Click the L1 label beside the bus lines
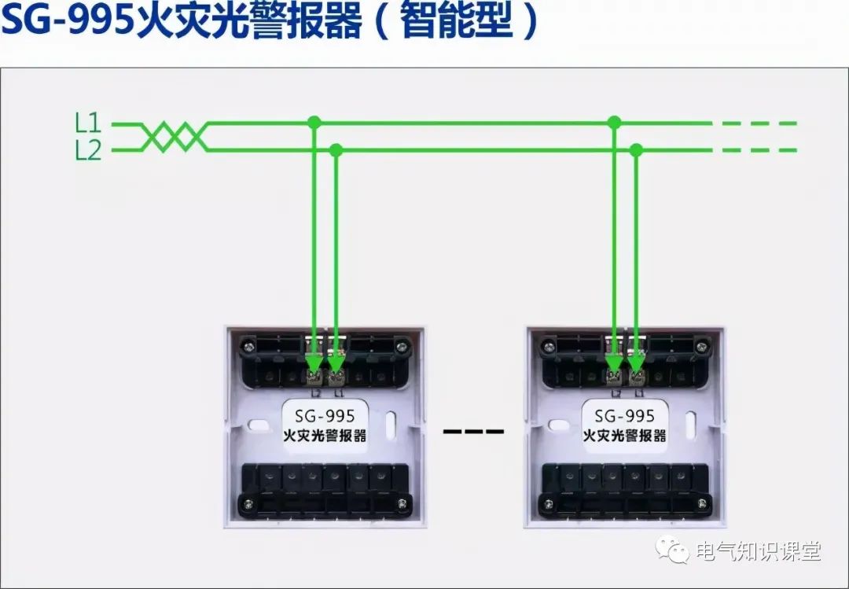88,123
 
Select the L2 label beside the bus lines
88,150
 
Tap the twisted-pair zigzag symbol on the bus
174,136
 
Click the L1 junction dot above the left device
314,123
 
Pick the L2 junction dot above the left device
336,149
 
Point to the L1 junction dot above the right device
614,123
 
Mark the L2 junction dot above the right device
636,149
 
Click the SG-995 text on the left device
324,415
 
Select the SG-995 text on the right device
625,415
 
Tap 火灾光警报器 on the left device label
325,435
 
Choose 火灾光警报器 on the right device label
625,435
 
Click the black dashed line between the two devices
473,431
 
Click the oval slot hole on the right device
689,425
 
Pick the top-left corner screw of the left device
248,344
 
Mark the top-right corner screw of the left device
402,344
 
